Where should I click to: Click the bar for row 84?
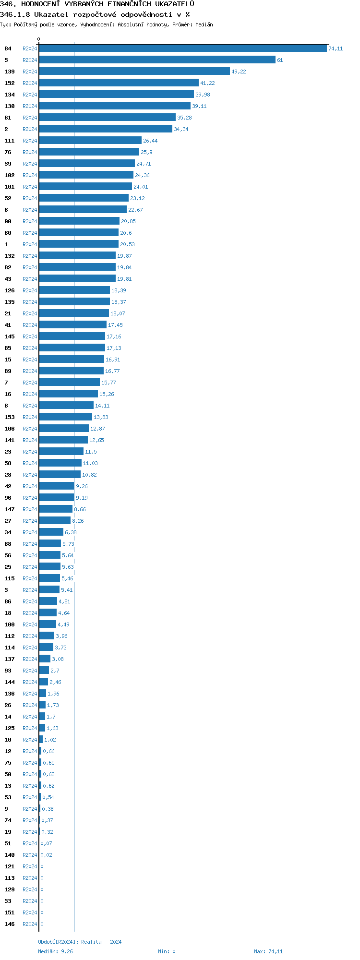[x=182, y=48]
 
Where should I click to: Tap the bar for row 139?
[x=134, y=72]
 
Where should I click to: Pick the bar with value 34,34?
[x=106, y=129]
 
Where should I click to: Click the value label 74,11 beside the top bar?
[x=336, y=49]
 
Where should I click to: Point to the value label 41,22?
[x=207, y=84]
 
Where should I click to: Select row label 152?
[x=10, y=83]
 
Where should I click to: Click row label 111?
[x=10, y=141]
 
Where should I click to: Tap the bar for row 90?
[x=79, y=221]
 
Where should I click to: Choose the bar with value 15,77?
[x=70, y=383]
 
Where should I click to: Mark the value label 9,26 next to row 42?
[x=82, y=487]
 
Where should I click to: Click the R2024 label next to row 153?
[x=30, y=418]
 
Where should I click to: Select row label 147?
[x=10, y=509]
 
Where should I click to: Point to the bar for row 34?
[x=51, y=532]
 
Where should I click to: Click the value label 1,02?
[x=50, y=740]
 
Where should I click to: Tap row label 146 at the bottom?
[x=10, y=924]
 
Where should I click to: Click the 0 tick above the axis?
[x=39, y=39]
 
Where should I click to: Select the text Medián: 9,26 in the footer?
[x=56, y=951]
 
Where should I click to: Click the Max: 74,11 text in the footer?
[x=268, y=951]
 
